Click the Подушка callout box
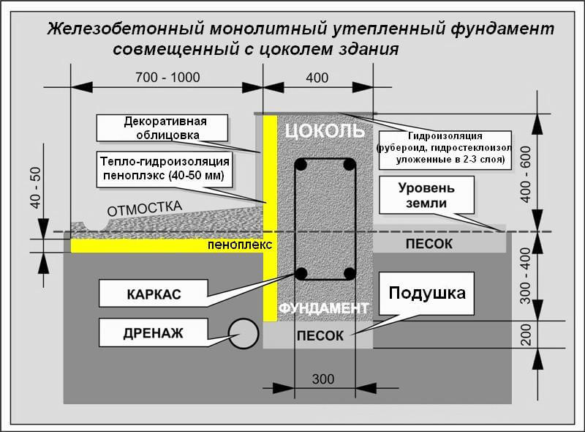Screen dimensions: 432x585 pyautogui.click(x=427, y=294)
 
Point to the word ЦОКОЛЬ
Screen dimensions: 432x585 pyautogui.click(x=323, y=132)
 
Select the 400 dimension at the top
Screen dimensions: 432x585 pyautogui.click(x=317, y=78)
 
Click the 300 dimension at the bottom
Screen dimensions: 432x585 pyautogui.click(x=322, y=379)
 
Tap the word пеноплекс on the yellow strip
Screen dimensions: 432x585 pyautogui.click(x=239, y=245)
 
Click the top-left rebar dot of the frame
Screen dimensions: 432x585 pyautogui.click(x=301, y=163)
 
